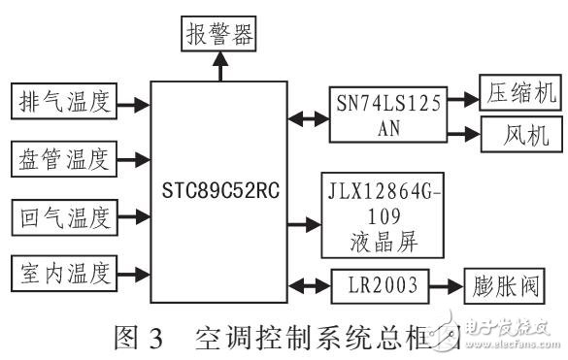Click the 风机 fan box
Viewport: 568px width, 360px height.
coord(515,135)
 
